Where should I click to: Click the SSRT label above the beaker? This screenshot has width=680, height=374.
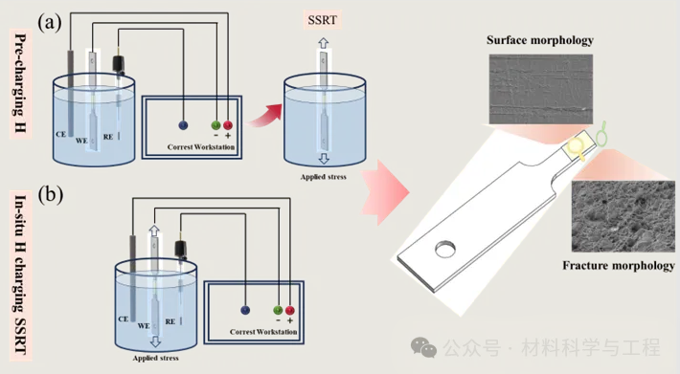click(322, 20)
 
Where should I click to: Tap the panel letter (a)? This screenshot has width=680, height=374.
click(50, 23)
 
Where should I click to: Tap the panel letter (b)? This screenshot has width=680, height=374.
click(51, 194)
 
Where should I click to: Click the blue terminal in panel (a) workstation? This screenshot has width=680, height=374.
click(183, 125)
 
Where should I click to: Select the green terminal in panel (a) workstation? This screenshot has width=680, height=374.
click(215, 125)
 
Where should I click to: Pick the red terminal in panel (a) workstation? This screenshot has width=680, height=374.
click(228, 125)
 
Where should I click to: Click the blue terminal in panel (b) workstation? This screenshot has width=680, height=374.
click(245, 310)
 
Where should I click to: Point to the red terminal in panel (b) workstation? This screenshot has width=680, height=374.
click(289, 310)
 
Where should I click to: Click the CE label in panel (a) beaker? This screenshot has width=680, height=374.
click(60, 134)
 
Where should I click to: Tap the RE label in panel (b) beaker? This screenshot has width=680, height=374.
click(170, 321)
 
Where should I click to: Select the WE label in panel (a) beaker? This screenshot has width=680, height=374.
click(81, 141)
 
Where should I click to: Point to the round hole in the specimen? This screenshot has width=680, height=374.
click(445, 250)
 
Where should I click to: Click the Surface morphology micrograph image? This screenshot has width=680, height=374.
click(541, 89)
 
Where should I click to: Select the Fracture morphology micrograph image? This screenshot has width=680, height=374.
click(623, 216)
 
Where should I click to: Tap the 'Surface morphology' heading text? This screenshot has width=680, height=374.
click(540, 40)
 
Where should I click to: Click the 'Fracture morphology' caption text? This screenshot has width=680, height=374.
click(619, 265)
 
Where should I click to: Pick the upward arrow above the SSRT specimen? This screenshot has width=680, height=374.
click(324, 43)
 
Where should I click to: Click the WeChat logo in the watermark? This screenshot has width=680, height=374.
click(423, 347)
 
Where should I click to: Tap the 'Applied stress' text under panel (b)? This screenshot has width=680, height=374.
click(156, 359)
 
